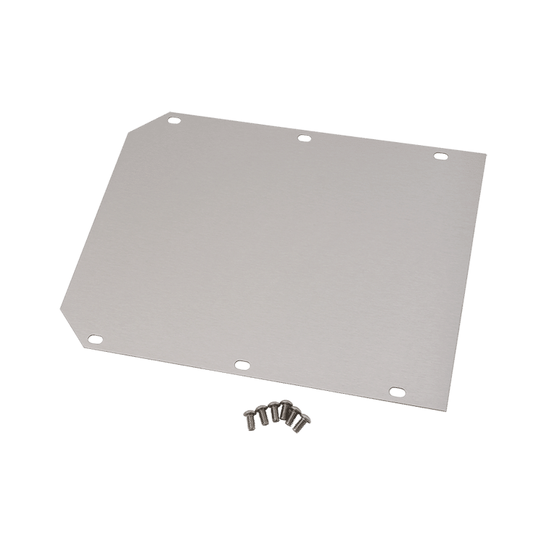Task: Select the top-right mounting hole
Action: [x=440, y=156]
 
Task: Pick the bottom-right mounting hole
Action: [x=395, y=391]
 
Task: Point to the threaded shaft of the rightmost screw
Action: [x=297, y=427]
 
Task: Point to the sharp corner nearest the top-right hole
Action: [x=487, y=154]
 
